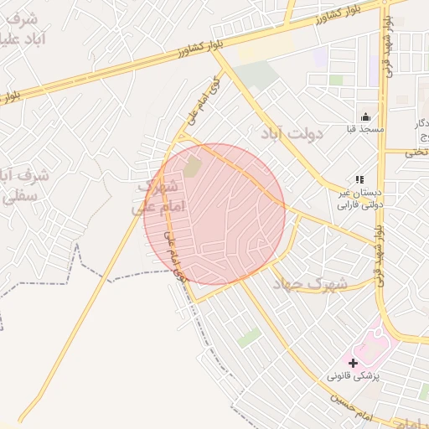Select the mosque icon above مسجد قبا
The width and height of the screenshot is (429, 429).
coord(365,116)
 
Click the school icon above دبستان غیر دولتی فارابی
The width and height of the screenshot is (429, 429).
coord(359,179)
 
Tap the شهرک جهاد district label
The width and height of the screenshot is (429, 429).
coord(315,285)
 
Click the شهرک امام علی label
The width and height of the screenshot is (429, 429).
coord(155,198)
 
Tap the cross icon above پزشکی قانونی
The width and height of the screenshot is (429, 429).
coord(353,364)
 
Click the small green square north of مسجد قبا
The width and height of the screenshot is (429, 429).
coord(335,80)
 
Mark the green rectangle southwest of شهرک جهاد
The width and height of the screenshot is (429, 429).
coord(248,338)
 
